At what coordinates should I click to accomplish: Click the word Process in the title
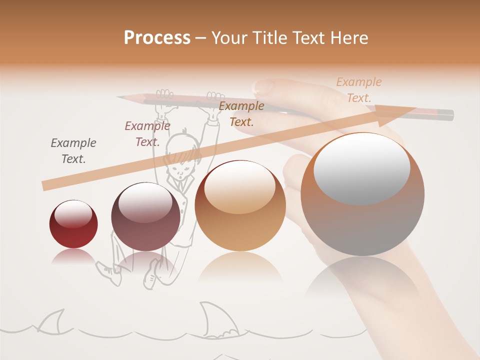(157, 38)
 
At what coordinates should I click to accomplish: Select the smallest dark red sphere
(73, 224)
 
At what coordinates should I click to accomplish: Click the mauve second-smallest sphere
(145, 216)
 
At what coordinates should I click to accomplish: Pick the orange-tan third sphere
(240, 205)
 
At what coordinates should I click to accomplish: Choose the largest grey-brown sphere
(362, 194)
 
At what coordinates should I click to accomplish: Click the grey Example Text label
(73, 151)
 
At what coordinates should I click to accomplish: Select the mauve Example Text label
(147, 134)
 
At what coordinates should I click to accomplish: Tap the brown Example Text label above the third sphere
(241, 113)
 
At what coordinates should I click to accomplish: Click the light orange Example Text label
(359, 90)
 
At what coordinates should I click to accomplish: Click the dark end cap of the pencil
(448, 115)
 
